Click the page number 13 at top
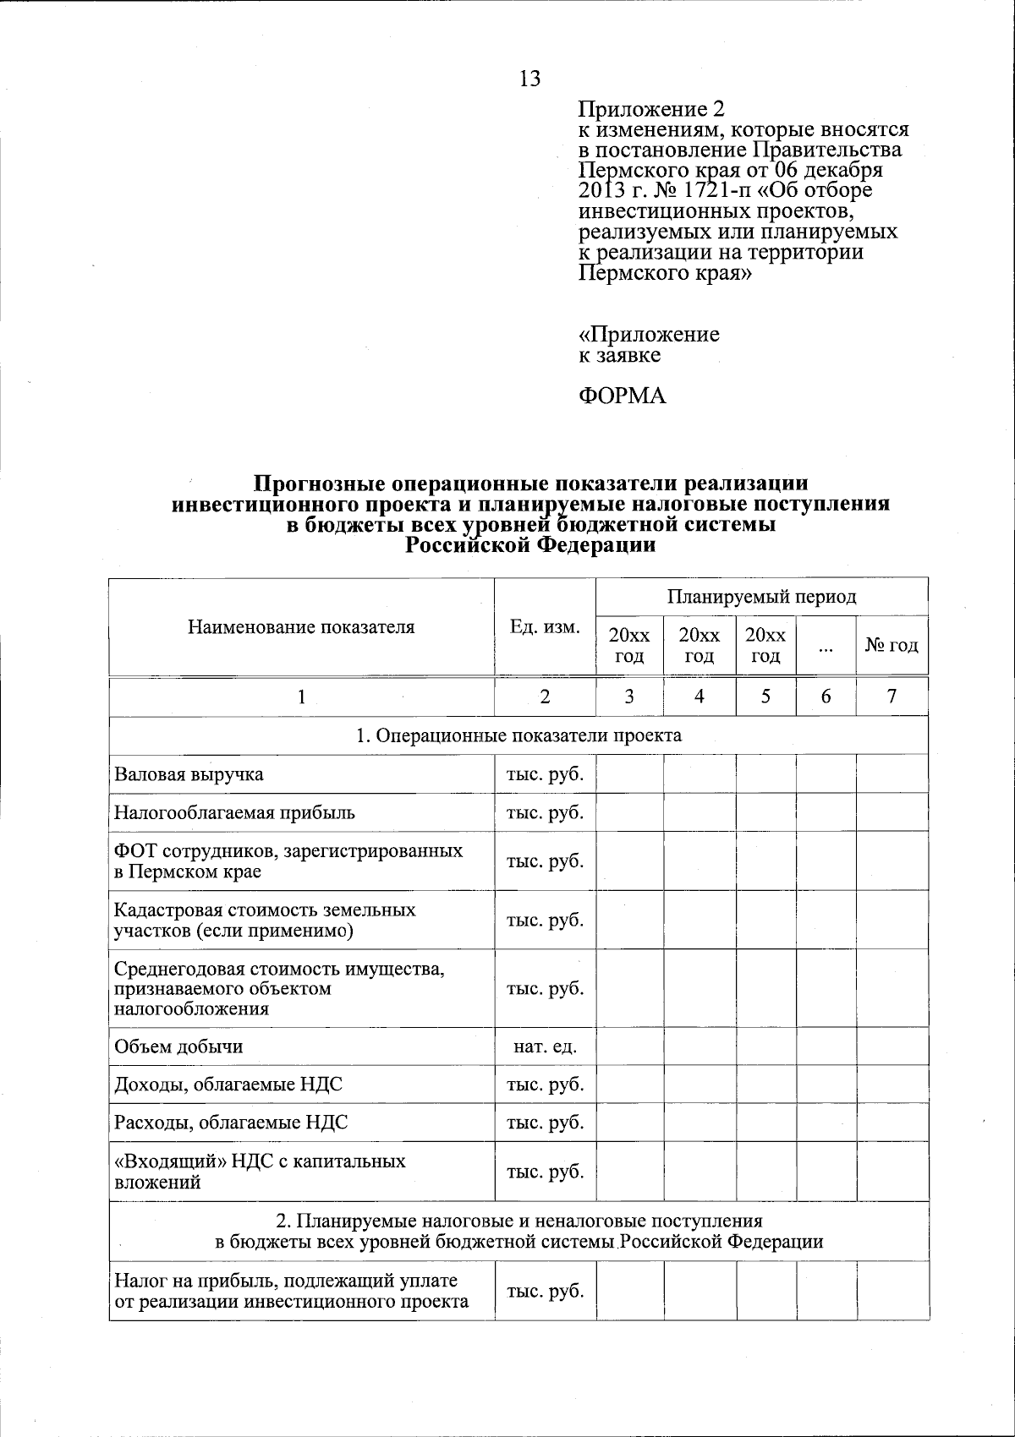[529, 79]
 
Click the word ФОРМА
[622, 396]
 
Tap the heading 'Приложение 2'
[651, 109]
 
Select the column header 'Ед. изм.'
[545, 627]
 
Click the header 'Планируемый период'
[761, 597]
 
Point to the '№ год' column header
[892, 646]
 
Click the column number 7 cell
[892, 696]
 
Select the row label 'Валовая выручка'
[189, 774]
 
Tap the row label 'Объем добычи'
[178, 1046]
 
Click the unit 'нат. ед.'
[545, 1046]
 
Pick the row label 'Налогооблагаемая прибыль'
[234, 812]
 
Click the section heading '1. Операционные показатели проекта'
[518, 735]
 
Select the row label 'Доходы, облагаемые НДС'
[228, 1085]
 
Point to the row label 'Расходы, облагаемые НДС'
[231, 1123]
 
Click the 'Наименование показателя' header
[301, 627]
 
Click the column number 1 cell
[301, 696]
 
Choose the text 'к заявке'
[619, 355]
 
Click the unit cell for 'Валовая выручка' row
[545, 774]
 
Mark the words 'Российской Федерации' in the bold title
[530, 545]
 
